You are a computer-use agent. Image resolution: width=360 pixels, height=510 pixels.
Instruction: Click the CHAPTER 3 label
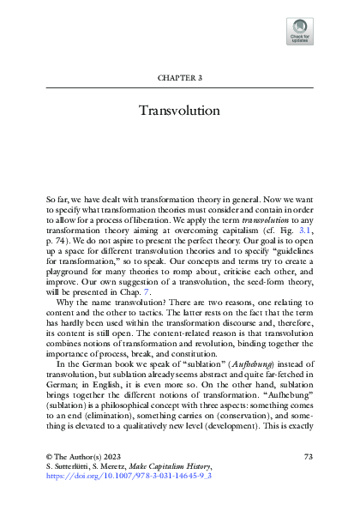(179, 77)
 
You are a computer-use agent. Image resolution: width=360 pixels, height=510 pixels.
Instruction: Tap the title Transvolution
(180, 111)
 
